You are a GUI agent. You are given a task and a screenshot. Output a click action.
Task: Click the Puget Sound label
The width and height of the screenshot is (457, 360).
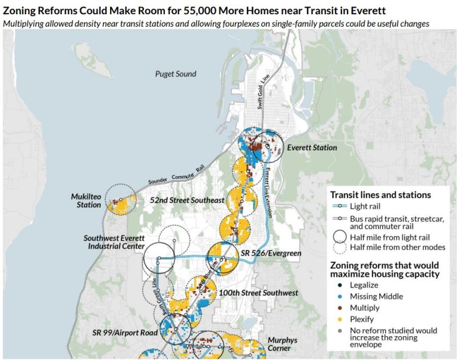[176, 74]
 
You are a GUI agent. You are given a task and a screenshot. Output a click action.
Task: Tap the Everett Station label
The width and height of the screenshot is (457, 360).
[312, 148]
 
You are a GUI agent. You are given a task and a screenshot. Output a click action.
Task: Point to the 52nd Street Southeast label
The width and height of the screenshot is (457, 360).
[187, 201]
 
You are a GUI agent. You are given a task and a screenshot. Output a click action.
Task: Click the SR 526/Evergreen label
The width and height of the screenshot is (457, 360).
[271, 253]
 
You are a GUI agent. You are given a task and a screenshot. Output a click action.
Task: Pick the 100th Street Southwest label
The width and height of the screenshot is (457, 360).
[258, 293]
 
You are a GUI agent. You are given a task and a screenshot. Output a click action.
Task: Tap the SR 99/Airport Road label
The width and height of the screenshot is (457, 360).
[124, 332]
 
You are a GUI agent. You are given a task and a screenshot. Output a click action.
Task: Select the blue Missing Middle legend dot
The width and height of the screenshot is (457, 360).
[337, 296]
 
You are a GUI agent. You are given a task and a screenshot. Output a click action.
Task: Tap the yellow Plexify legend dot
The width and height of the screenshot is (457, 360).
[337, 320]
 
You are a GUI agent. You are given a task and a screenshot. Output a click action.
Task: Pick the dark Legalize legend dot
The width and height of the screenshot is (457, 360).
[337, 285]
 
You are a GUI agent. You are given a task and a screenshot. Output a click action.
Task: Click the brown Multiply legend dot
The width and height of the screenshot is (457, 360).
[337, 308]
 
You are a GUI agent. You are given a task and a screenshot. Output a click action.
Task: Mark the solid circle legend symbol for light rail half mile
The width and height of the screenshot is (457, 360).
[339, 236]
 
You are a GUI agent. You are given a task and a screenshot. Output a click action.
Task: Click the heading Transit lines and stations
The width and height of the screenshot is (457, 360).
[380, 195]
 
